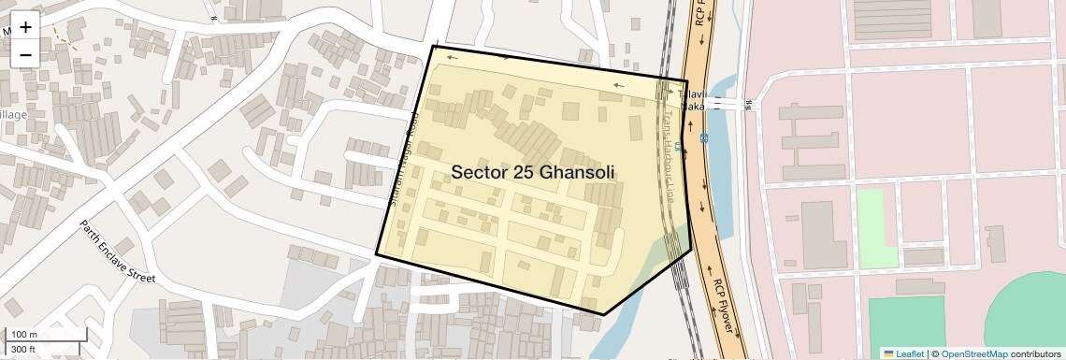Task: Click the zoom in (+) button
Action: click(x=25, y=26)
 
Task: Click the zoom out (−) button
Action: click(x=25, y=54)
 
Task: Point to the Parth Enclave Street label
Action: click(x=117, y=252)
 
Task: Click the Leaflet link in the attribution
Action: click(x=904, y=353)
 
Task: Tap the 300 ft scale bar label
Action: click(x=24, y=349)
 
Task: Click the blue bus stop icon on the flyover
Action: click(x=703, y=137)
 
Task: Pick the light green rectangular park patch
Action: click(x=877, y=226)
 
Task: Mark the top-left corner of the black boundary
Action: click(x=434, y=46)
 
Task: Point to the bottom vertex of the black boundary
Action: click(x=604, y=315)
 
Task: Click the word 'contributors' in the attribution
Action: click(x=1034, y=353)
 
